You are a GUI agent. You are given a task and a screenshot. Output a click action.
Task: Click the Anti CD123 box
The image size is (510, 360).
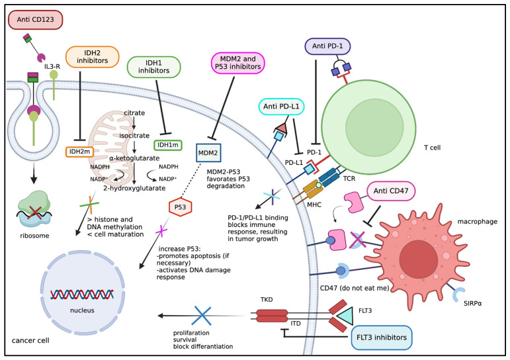point(35,20)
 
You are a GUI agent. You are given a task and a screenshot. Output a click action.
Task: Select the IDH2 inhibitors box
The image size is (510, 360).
point(93,57)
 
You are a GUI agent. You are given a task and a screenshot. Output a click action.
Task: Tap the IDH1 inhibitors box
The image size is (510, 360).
point(153,67)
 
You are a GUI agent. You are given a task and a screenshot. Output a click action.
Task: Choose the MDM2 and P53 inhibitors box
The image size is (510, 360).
point(238,63)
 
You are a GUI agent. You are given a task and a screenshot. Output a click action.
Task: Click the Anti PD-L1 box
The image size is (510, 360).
point(281,107)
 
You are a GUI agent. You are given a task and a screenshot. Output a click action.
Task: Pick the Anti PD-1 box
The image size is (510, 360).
point(327,46)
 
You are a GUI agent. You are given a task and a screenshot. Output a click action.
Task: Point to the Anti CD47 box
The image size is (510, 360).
point(391,191)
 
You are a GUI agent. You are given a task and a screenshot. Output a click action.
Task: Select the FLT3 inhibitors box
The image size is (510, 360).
point(382,337)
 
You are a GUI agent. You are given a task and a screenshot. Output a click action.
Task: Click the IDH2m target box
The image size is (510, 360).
point(79,152)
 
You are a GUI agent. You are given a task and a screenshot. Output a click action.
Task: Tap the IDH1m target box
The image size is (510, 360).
point(168,145)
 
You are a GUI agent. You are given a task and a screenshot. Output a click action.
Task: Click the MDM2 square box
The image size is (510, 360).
point(208,153)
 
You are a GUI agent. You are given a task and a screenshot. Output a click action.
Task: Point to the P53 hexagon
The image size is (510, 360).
point(180,207)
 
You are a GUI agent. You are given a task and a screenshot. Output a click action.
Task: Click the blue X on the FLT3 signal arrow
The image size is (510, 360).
point(202,316)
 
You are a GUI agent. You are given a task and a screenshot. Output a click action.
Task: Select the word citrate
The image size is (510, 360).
point(134,113)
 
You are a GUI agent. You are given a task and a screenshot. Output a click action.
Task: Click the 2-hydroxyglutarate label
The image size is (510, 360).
point(134,188)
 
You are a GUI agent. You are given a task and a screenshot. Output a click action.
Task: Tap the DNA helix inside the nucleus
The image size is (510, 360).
point(82,294)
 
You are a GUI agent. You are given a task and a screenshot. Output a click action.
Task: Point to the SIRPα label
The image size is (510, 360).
point(472,303)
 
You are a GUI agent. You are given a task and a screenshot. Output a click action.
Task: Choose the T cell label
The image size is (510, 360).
point(432,148)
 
